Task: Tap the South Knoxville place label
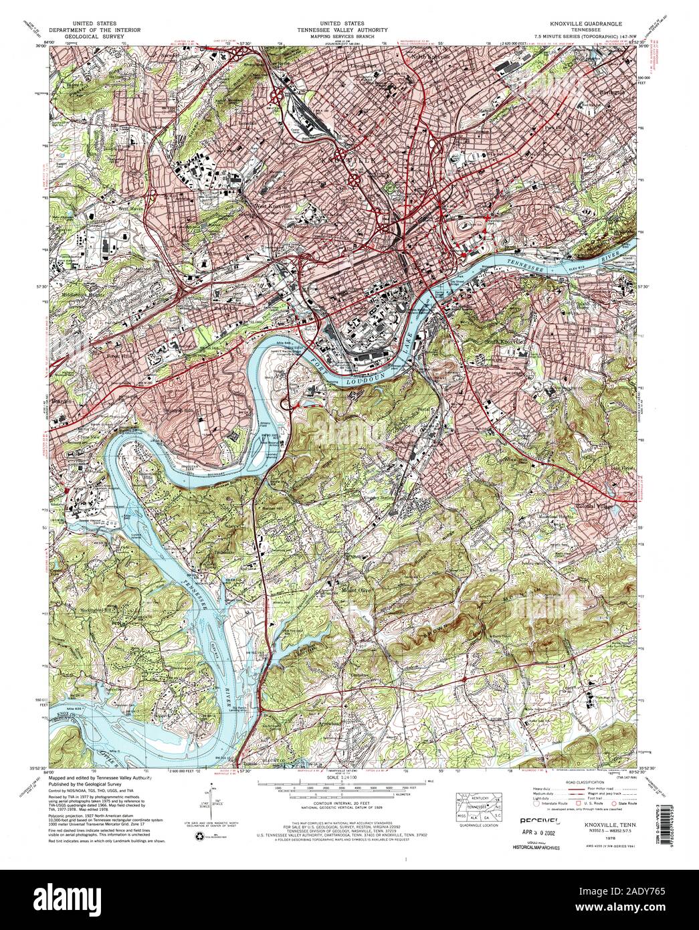click(x=506, y=341)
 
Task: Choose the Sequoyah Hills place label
click(x=183, y=411)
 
